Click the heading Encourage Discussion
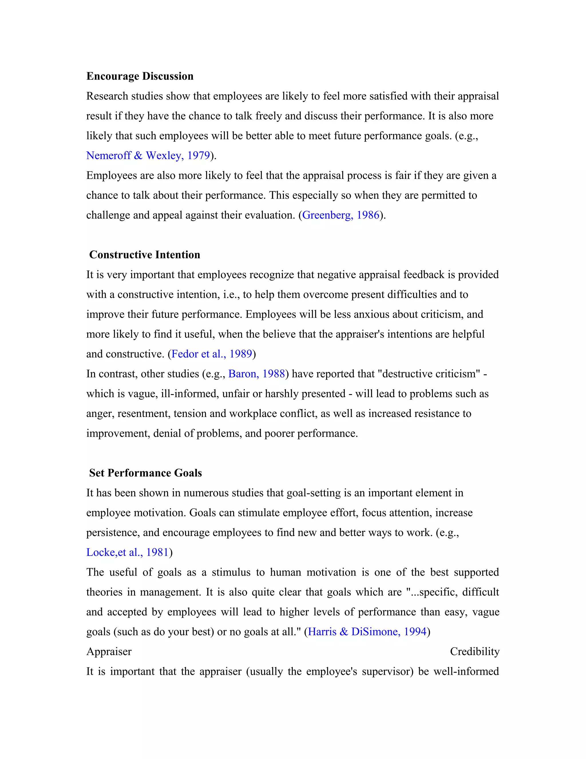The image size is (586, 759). click(x=140, y=76)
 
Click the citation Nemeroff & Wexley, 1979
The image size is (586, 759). click(x=148, y=155)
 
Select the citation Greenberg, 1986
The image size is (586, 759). click(x=340, y=215)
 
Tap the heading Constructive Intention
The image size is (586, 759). click(x=144, y=255)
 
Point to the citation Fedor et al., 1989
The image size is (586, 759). click(x=211, y=354)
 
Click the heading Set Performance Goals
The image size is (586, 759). click(x=145, y=473)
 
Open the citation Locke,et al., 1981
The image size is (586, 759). click(x=127, y=552)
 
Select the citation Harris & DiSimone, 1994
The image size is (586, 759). click(x=367, y=632)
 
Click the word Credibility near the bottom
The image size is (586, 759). click(x=474, y=652)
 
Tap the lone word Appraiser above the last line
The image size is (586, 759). click(x=109, y=652)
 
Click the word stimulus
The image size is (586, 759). click(x=231, y=572)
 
